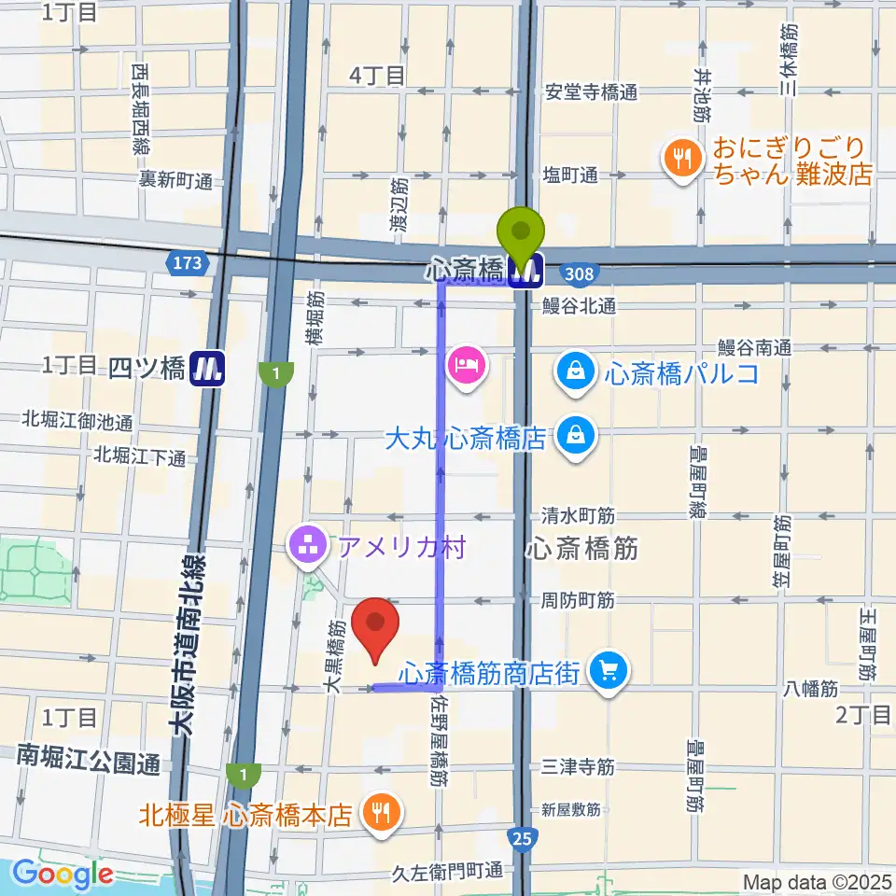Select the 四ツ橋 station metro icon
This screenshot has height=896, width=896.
[207, 368]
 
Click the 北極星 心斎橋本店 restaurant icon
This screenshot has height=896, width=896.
[381, 810]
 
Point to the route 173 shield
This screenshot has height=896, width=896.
[188, 264]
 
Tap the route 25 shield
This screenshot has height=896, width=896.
[524, 840]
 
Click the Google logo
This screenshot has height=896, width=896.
[63, 875]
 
